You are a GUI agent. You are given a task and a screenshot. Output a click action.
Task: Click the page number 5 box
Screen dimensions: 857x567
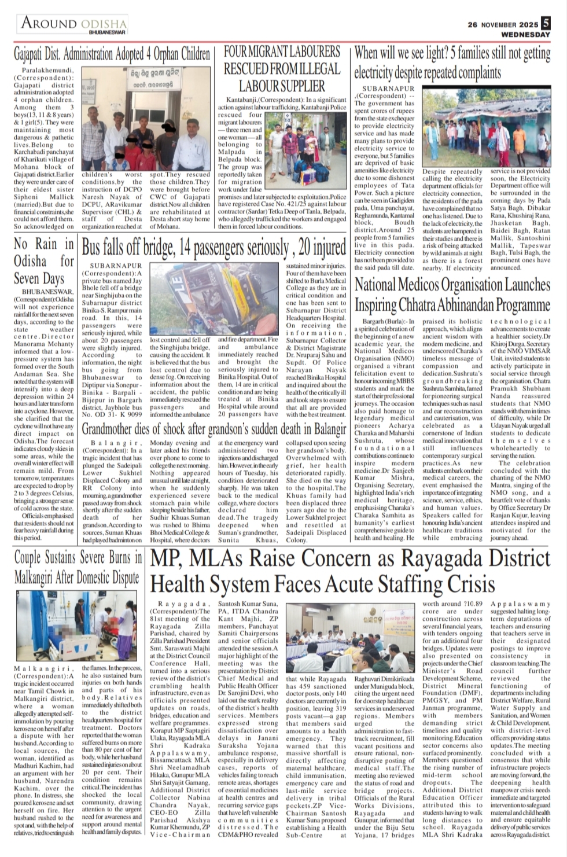coord(546,24)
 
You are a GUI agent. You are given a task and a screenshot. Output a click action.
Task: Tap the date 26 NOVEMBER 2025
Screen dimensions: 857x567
coord(502,25)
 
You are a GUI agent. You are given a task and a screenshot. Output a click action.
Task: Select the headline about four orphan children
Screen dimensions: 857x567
coord(112,55)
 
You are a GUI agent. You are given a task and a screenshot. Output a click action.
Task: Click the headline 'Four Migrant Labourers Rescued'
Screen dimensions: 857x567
coord(282,69)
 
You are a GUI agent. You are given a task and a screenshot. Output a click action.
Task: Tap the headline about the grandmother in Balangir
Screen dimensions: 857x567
coord(214,429)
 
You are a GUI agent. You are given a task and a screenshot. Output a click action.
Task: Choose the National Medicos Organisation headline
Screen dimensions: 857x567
coord(452,294)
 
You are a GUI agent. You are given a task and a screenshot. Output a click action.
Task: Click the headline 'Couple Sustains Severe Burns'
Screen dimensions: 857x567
coord(78,568)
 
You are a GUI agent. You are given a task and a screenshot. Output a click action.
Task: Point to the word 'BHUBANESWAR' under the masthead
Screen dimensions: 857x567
coord(108,34)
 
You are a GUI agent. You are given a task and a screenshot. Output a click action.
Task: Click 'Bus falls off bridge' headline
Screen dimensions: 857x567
coord(213,248)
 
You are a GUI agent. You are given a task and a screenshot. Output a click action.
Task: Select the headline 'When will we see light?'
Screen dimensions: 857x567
coord(452,63)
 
